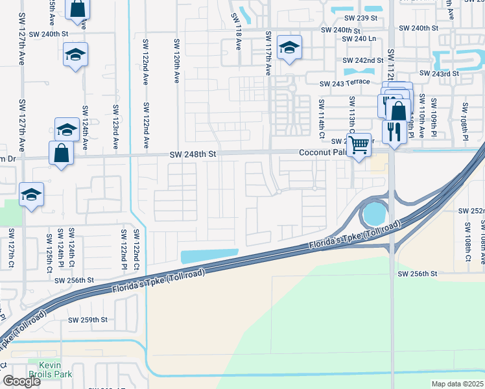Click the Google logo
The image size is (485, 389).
pyautogui.click(x=21, y=382)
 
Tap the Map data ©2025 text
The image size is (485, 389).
pyautogui.click(x=457, y=384)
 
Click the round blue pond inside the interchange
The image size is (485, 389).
pyautogui.click(x=374, y=213)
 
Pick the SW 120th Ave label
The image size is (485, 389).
pyautogui.click(x=176, y=60)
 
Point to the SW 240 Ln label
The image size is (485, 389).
pyautogui.click(x=359, y=39)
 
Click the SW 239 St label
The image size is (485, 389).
pyautogui.click(x=359, y=18)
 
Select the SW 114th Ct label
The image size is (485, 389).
pyautogui.click(x=321, y=114)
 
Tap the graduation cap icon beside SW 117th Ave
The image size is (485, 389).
pyautogui.click(x=289, y=48)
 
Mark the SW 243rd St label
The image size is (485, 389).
pyautogui.click(x=439, y=73)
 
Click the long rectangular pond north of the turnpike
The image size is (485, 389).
pyautogui.click(x=209, y=257)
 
